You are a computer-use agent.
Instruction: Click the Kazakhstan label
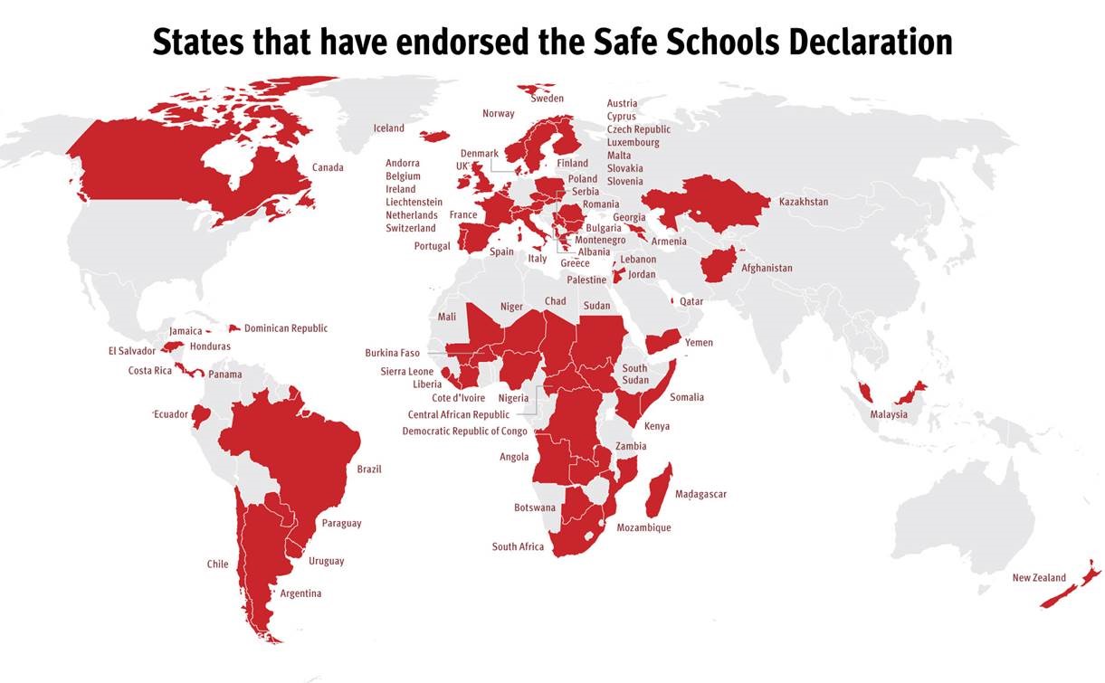pyautogui.click(x=803, y=202)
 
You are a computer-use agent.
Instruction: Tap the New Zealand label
pyautogui.click(x=1038, y=578)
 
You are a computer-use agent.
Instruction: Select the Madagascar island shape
pyautogui.click(x=660, y=489)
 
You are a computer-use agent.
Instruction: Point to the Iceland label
pyautogui.click(x=389, y=128)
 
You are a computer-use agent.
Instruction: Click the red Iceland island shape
pyautogui.click(x=435, y=136)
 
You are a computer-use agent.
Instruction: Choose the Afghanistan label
pyautogui.click(x=767, y=269)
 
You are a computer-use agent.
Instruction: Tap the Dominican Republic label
pyautogui.click(x=286, y=328)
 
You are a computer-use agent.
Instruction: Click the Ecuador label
pyautogui.click(x=170, y=414)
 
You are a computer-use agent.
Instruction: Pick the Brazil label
pyautogui.click(x=369, y=470)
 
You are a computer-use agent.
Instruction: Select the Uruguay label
pyautogui.click(x=326, y=562)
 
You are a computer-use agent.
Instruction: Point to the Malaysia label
pyautogui.click(x=889, y=415)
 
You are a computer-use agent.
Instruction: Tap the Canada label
pyautogui.click(x=328, y=167)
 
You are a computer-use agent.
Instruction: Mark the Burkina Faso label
pyautogui.click(x=392, y=353)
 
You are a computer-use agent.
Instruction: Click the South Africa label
pyautogui.click(x=518, y=547)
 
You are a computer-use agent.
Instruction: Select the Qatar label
pyautogui.click(x=691, y=302)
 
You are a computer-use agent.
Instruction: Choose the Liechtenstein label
pyautogui.click(x=414, y=203)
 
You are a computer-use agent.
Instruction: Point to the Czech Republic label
pyautogui.click(x=639, y=129)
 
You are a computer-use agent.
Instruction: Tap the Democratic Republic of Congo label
pyautogui.click(x=464, y=432)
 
